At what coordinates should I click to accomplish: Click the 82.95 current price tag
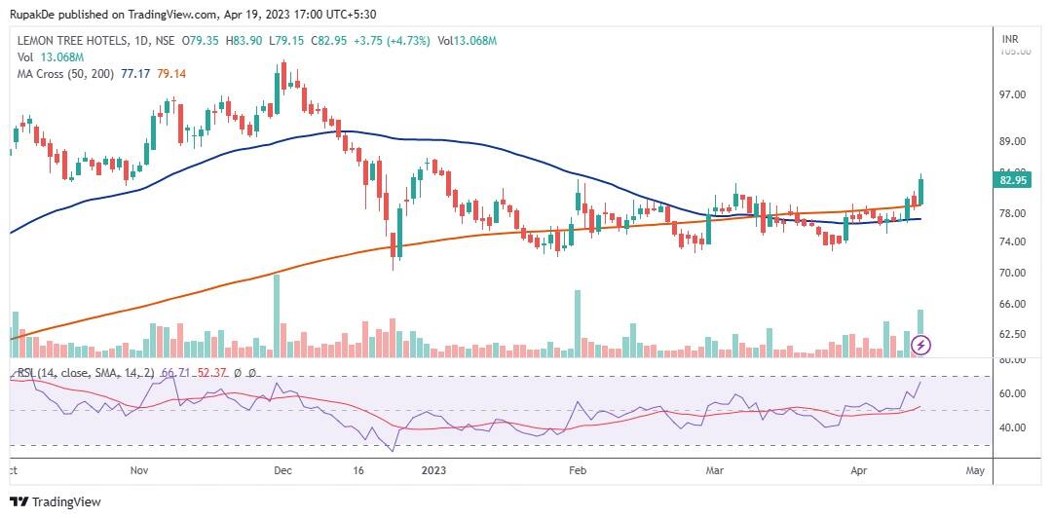point(1014,180)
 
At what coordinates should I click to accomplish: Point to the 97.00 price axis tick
point(1014,95)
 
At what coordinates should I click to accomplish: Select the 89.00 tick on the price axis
point(1014,141)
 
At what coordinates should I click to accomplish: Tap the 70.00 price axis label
point(1014,273)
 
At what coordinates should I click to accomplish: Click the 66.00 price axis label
point(1014,304)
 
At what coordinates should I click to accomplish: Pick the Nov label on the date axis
point(138,470)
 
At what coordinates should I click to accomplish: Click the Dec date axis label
point(282,470)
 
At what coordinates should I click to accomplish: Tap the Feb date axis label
point(577,470)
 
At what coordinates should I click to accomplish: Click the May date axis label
point(975,470)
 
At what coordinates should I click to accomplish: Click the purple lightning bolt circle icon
point(922,345)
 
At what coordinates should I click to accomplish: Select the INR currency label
point(1010,39)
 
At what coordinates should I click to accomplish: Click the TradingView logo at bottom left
point(56,501)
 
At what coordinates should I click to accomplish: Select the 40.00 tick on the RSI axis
point(1014,427)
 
